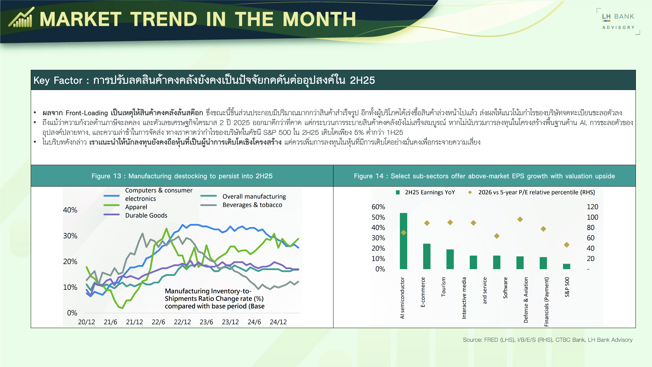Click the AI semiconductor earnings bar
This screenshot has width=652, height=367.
(x=403, y=241)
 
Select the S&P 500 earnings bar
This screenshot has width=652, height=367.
(x=566, y=266)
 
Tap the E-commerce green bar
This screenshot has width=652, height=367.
(x=427, y=256)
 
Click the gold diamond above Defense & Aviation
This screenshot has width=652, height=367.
(x=520, y=219)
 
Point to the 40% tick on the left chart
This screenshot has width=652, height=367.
(x=70, y=210)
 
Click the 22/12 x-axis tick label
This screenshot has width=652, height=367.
(x=182, y=322)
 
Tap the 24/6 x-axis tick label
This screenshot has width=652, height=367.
(x=254, y=322)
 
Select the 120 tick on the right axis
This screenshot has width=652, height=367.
(x=592, y=207)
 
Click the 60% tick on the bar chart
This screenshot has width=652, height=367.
(x=378, y=207)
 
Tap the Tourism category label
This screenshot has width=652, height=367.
(x=443, y=287)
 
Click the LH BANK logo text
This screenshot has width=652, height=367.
(x=618, y=16)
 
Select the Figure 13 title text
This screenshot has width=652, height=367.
(x=182, y=176)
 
